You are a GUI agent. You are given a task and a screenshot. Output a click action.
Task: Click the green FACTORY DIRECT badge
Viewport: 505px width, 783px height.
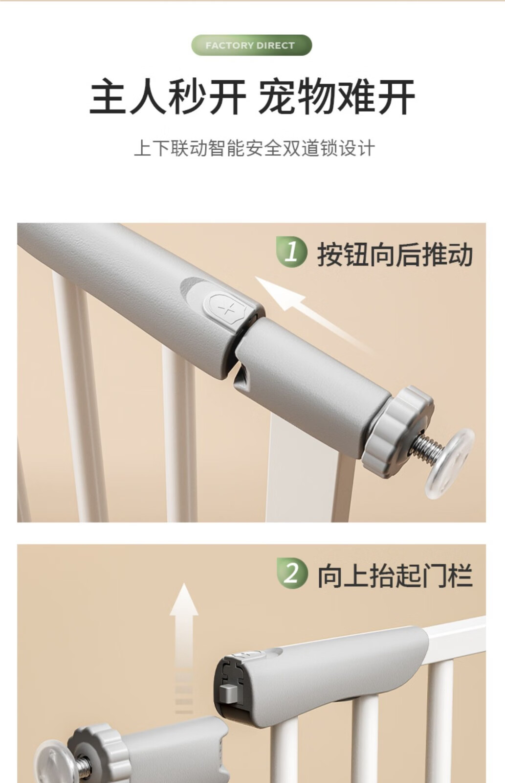[251, 45]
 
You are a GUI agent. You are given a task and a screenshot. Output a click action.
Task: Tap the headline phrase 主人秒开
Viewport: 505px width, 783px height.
[168, 96]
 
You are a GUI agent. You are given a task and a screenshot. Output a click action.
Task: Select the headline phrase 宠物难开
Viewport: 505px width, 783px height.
[337, 96]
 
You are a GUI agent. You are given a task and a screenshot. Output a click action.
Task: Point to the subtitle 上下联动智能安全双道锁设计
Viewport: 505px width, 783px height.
[254, 148]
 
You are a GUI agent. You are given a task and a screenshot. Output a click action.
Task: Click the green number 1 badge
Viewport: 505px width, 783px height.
[292, 252]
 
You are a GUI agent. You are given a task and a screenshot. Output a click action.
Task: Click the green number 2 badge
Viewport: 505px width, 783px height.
[292, 573]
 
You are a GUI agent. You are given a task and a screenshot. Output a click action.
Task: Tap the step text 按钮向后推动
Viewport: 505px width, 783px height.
[395, 254]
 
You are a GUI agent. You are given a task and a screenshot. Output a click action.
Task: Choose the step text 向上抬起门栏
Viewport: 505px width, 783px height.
[395, 576]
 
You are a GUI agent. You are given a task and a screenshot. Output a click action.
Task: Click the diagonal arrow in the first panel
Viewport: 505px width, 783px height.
[314, 316]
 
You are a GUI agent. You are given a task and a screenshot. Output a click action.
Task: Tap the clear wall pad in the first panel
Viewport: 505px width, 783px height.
[449, 463]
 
